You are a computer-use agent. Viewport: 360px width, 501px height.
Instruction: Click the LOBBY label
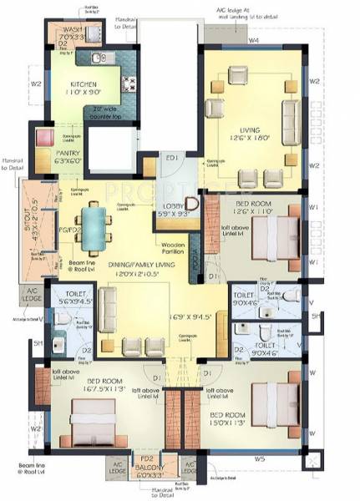click(x=174, y=205)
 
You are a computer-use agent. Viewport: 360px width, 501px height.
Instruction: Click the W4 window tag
click(x=252, y=38)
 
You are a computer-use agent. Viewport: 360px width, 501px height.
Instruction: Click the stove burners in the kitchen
click(x=129, y=83)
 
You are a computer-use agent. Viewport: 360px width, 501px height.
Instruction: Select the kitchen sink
click(x=97, y=58)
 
